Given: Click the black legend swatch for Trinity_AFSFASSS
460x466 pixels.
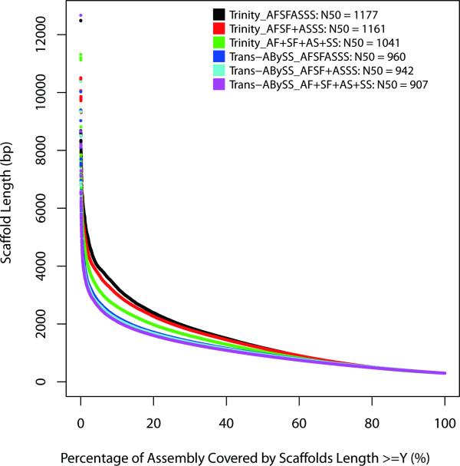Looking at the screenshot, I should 219,14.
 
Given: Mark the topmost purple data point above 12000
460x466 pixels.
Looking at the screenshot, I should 81,15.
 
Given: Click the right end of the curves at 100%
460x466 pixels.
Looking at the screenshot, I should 445,373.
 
